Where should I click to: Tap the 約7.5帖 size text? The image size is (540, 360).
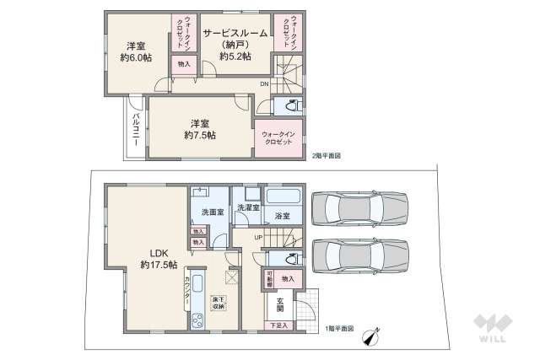200,135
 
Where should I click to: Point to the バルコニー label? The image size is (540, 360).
135,131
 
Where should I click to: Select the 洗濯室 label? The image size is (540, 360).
246,207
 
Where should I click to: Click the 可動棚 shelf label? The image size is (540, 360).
269,279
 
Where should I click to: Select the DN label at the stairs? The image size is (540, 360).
263,84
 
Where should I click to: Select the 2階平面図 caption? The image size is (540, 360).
327,156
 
